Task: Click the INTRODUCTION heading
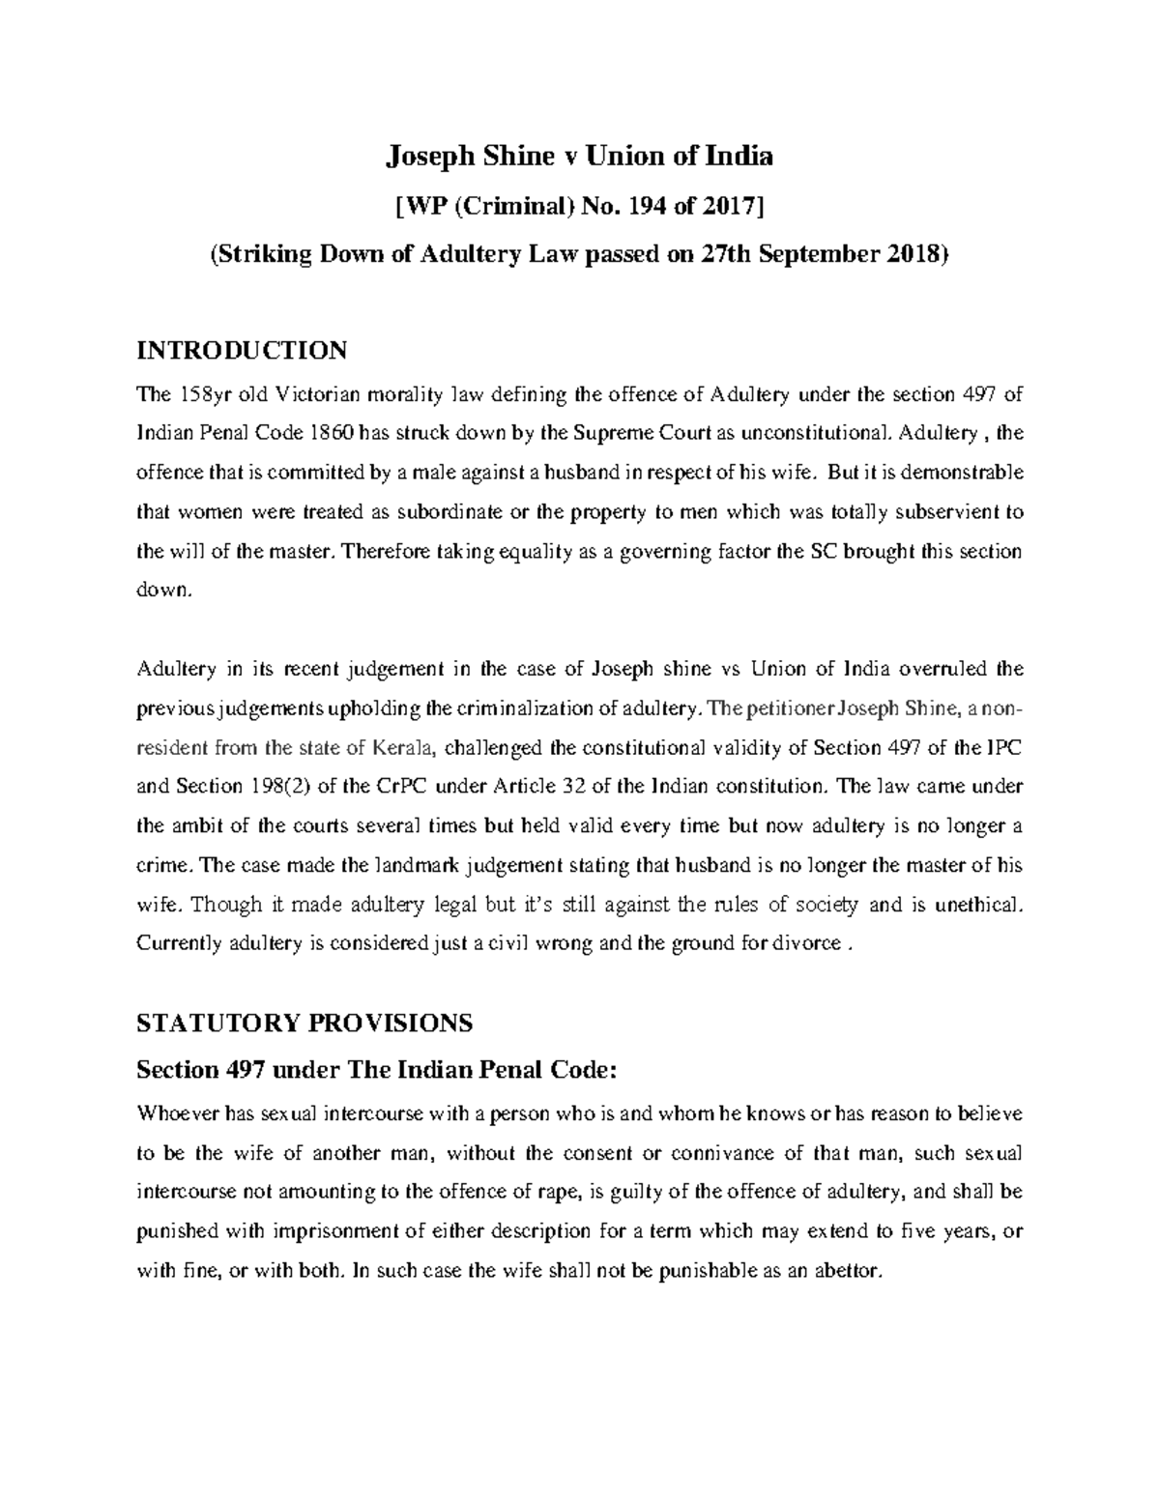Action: point(242,350)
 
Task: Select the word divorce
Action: point(803,943)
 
